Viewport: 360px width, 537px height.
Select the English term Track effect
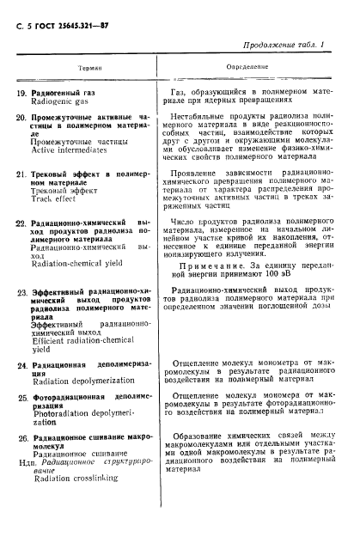(58, 198)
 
